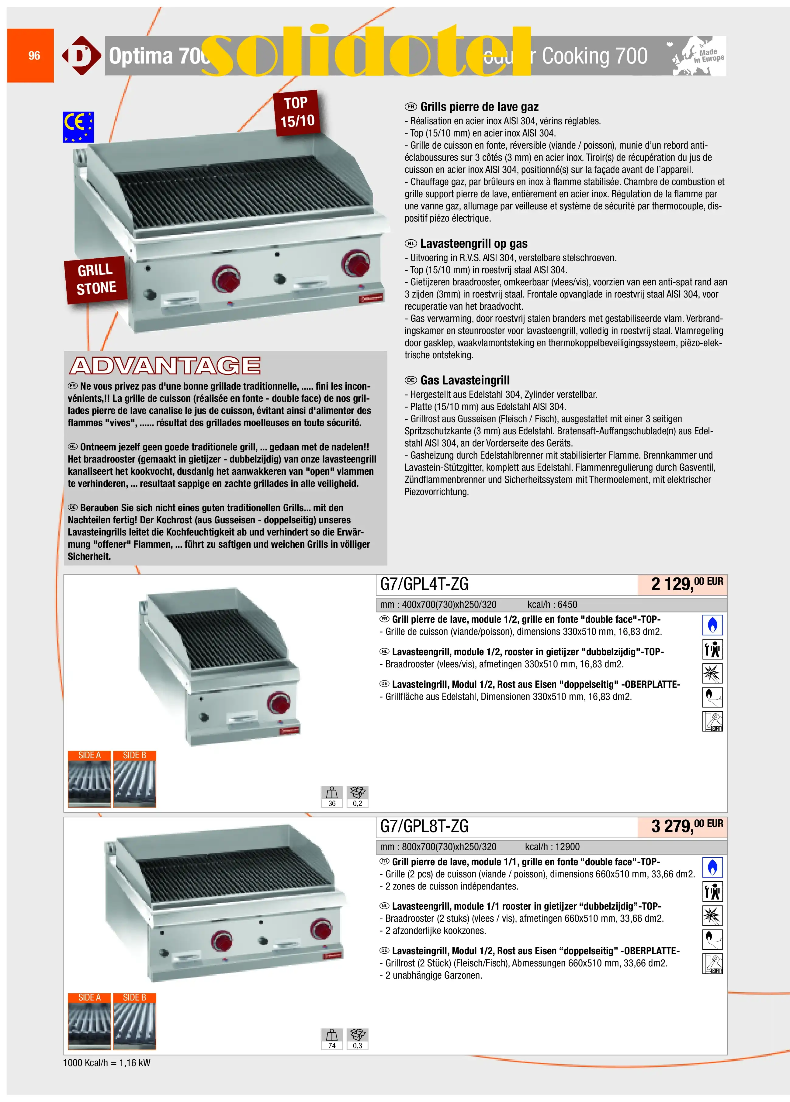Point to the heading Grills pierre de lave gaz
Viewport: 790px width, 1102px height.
(479, 107)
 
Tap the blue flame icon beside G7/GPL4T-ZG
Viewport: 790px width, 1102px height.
(712, 625)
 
